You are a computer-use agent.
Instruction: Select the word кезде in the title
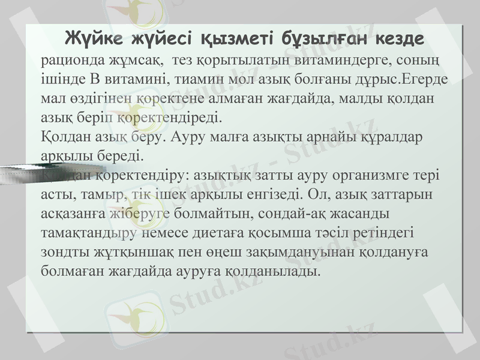[x=400, y=38]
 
